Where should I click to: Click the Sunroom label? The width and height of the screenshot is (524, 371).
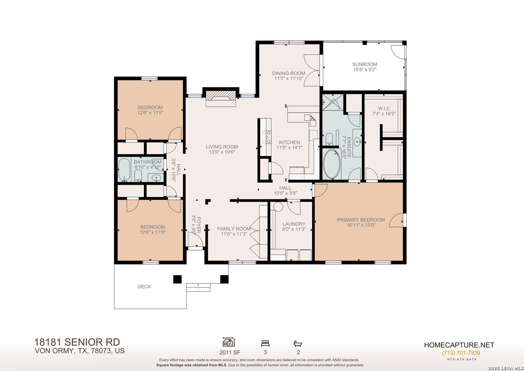pos(365,64)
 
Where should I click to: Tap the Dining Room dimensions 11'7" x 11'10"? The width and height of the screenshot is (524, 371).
pos(289,78)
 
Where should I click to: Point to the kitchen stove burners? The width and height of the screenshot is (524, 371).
pos(266,137)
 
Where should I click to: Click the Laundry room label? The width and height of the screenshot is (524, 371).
pos(294,224)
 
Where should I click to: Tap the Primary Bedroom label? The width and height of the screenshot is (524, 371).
pos(361,220)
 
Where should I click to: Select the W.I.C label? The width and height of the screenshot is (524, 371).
pos(384,108)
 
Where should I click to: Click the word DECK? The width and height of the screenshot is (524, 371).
pos(144,286)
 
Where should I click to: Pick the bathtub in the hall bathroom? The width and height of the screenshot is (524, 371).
pos(124,169)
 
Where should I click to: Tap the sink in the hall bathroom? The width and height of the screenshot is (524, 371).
pos(156,178)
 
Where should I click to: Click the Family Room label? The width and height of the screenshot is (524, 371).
pos(234,229)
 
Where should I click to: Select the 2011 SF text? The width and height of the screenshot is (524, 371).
pos(230,352)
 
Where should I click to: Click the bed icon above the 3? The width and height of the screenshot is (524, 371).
pos(265,343)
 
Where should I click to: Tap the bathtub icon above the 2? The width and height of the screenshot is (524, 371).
pos(298,343)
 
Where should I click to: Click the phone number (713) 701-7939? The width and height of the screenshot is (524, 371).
pos(461,353)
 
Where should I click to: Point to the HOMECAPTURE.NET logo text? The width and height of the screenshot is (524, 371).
pos(459,345)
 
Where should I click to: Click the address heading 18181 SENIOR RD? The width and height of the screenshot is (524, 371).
pos(77,342)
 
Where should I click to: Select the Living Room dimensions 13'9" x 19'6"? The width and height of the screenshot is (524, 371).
pos(222,152)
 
